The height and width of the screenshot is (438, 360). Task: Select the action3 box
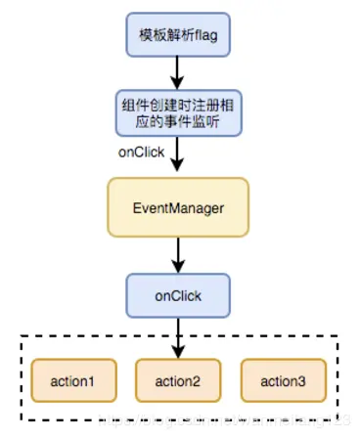(285, 379)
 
